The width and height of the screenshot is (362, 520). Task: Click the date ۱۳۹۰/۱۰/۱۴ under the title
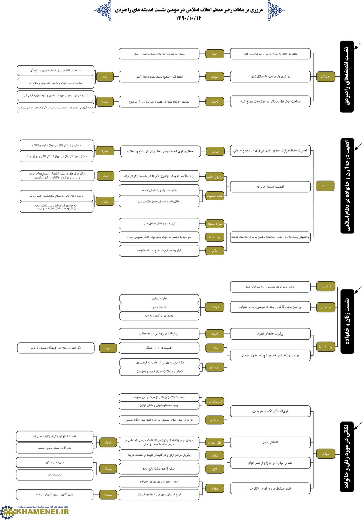(x=189, y=18)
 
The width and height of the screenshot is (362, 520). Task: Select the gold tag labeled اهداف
(x=325, y=76)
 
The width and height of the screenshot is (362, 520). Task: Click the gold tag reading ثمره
(x=215, y=54)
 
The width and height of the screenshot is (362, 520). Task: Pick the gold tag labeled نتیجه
(x=215, y=77)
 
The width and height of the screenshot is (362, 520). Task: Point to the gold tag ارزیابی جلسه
(x=215, y=177)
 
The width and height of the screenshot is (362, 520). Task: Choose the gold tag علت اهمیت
(x=215, y=196)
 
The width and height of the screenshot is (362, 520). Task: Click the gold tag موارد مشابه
(x=215, y=224)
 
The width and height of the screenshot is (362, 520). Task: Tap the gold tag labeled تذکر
(x=215, y=251)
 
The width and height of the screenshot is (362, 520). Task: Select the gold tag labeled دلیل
(x=105, y=201)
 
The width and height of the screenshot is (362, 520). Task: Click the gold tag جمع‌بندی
(x=325, y=307)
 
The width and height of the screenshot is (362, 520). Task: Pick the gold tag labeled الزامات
(x=215, y=307)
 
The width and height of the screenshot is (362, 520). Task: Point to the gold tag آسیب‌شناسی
(x=215, y=402)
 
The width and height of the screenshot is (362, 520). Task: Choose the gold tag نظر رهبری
(x=215, y=442)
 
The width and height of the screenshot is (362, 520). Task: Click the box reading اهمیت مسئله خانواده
(x=270, y=187)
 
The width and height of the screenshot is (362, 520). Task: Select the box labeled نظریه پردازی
(x=159, y=299)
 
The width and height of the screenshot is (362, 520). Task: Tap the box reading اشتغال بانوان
(x=270, y=442)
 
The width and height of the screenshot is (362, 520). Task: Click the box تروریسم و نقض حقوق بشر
(x=159, y=224)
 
